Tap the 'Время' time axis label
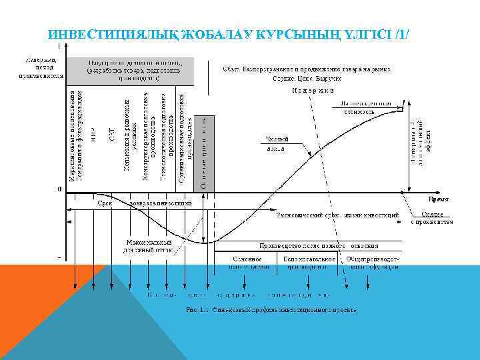click(437, 199)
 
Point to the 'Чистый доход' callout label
click(277, 143)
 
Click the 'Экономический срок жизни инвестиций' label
click(337, 215)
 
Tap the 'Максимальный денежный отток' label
click(149, 246)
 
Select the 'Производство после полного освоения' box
click(325, 246)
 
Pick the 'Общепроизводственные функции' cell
click(374, 262)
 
